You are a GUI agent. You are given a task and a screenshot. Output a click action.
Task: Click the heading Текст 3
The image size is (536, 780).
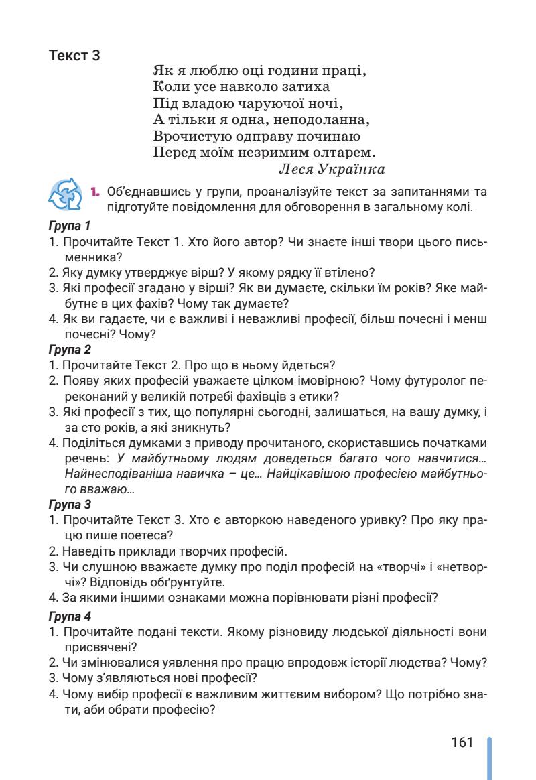pos(75,56)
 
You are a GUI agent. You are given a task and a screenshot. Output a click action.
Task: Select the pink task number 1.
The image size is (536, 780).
pos(95,192)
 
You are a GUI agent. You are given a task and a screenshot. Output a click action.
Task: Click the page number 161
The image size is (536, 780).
pos(462,743)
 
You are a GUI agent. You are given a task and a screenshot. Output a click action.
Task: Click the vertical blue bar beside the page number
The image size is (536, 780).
pos(490,758)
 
